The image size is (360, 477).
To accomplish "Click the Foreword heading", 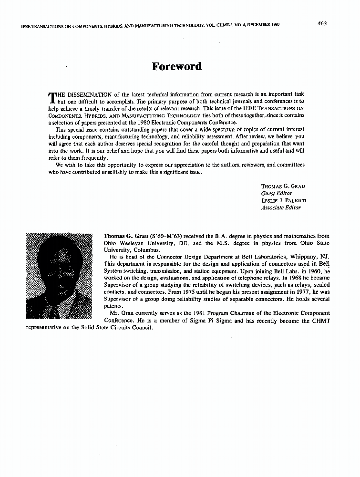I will coord(176,66).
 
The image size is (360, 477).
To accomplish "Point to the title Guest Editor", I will coord(277,193).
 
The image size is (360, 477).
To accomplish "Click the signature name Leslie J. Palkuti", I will coord(284,200).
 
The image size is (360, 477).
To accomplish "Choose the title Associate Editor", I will coord(281,207).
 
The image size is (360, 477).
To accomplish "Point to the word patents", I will coord(113,306).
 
